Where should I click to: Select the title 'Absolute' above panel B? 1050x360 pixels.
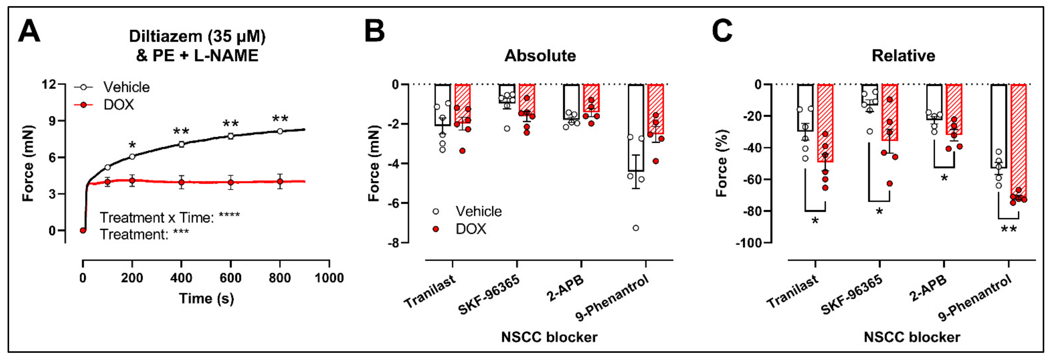point(540,56)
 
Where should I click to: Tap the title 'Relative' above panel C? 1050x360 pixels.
point(903,56)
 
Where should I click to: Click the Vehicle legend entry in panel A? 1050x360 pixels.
point(126,87)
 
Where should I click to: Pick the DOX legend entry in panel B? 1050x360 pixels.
point(470,229)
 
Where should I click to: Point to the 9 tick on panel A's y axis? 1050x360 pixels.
point(52,121)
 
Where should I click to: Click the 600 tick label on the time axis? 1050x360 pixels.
point(230,278)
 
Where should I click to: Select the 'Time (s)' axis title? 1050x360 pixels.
point(206,298)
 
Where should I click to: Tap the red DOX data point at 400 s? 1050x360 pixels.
point(181,182)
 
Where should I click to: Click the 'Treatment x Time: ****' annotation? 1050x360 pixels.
point(170,218)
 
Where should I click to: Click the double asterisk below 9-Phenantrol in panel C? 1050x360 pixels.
point(1009,230)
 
